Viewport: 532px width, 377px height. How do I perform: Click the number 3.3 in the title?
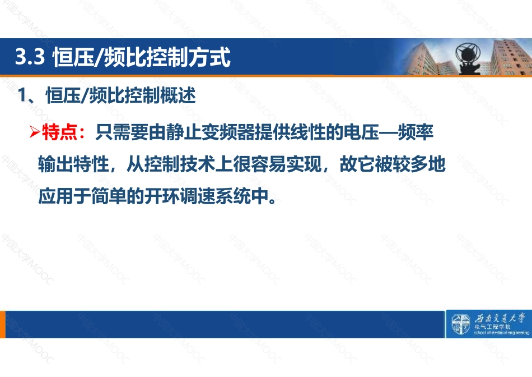(x=30, y=57)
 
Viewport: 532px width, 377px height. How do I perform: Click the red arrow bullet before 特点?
(x=35, y=132)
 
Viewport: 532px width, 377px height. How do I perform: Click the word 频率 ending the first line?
(x=416, y=132)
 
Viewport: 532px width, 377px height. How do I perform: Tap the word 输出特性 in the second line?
(x=73, y=164)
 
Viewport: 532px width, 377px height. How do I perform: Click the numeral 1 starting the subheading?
(x=22, y=95)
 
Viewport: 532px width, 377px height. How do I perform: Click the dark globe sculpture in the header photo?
(x=469, y=58)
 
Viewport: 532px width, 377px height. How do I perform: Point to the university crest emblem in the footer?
(x=460, y=324)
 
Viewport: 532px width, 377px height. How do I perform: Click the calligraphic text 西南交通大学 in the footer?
(x=500, y=319)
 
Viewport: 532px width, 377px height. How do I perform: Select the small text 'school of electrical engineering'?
(x=501, y=333)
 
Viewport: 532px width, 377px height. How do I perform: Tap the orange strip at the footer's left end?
(x=3, y=324)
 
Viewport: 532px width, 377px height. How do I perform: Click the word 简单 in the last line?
(x=109, y=196)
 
